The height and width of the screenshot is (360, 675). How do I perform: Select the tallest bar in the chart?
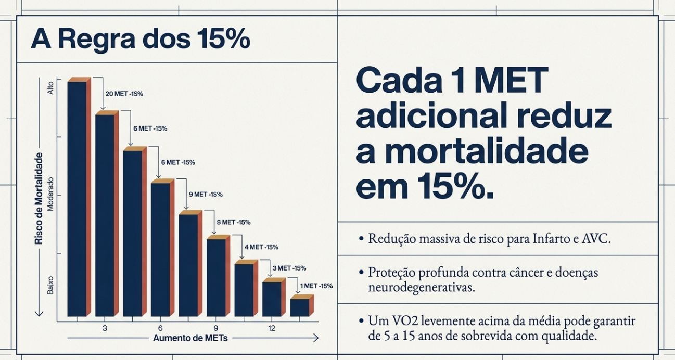coord(77,198)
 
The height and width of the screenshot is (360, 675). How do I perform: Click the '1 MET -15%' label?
coord(316,286)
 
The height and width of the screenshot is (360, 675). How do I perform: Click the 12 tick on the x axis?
coord(272,328)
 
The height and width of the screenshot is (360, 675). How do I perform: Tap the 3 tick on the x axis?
coord(105,328)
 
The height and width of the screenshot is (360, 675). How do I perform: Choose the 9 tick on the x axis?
coord(216,328)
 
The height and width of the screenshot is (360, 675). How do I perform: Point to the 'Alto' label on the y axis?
coord(50,87)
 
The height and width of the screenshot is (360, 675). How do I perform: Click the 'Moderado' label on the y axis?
coord(50,195)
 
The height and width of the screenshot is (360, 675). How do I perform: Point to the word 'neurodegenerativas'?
coord(421,287)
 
